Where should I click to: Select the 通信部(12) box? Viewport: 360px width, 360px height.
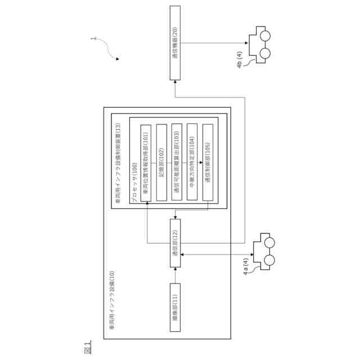tap(175, 244)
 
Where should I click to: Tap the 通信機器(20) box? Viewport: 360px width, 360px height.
tap(175, 42)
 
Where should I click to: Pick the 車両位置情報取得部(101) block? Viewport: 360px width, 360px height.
tap(146, 163)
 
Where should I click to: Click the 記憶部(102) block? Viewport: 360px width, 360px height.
tap(161, 163)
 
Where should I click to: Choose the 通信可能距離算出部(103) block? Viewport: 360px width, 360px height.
tap(177, 163)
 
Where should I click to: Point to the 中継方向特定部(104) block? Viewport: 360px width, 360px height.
tap(192, 163)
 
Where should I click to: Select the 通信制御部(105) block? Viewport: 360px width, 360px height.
tap(208, 163)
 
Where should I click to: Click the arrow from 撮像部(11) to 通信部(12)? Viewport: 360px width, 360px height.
tap(175, 276)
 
